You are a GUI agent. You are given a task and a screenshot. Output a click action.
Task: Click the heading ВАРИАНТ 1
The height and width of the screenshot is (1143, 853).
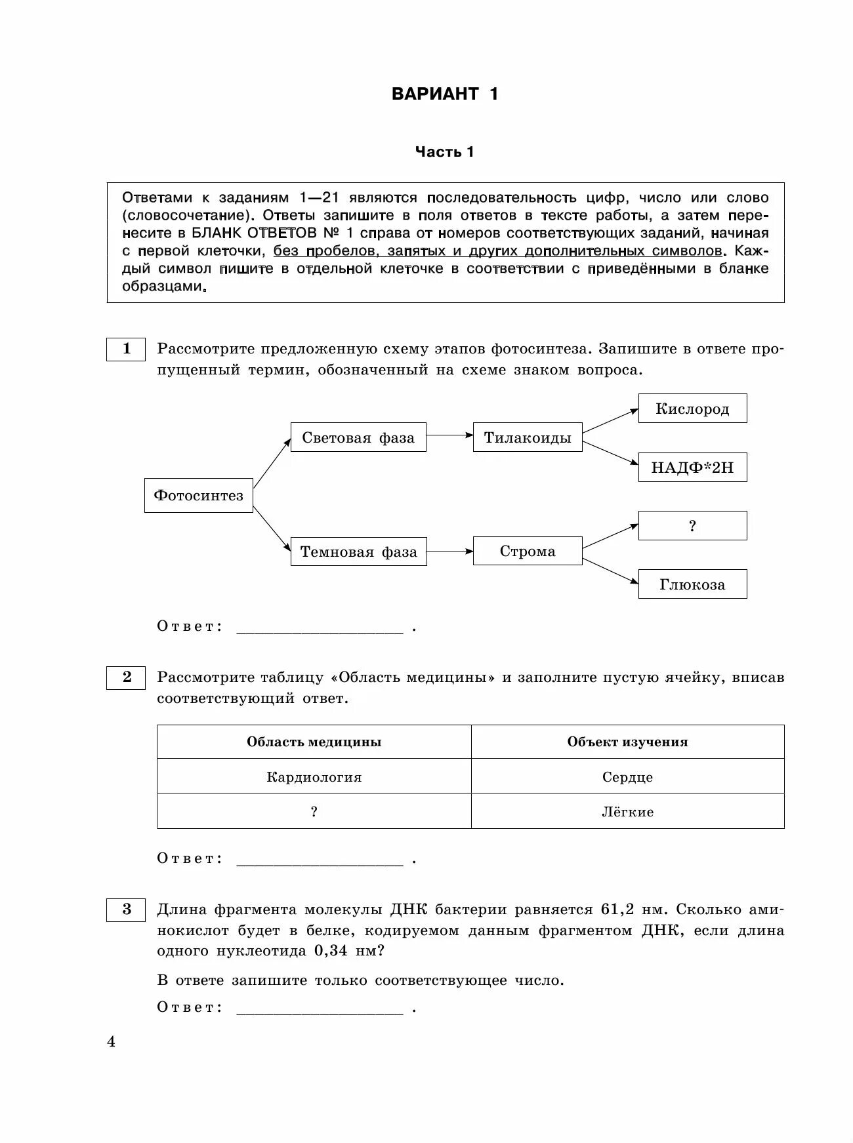[x=445, y=94]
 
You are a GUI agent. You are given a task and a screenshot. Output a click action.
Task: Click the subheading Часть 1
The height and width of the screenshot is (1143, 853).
[x=444, y=152]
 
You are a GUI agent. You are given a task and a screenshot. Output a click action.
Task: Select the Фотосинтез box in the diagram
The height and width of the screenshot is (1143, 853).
[x=199, y=495]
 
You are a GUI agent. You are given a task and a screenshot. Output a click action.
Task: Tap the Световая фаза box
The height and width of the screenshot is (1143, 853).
[x=358, y=437]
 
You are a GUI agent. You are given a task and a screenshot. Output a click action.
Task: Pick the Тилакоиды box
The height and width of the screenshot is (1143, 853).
[x=528, y=437]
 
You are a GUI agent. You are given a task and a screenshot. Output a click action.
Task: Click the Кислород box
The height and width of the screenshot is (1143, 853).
[x=692, y=409]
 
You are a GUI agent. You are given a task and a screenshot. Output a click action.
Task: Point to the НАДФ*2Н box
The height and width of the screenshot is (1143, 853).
[x=692, y=468]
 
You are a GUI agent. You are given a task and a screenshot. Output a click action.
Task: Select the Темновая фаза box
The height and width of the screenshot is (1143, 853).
[x=359, y=551]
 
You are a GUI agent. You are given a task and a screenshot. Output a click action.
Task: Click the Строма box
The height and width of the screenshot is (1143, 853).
[x=528, y=551]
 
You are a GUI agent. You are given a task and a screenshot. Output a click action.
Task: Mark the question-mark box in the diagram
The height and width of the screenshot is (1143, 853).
[x=692, y=526]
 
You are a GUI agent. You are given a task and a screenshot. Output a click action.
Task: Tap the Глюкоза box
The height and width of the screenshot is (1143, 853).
[x=692, y=584]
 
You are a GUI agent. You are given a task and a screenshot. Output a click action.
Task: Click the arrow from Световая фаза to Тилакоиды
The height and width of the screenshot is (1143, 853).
[x=449, y=434]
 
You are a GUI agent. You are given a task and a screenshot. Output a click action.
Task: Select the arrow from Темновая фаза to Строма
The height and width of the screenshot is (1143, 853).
[x=449, y=551]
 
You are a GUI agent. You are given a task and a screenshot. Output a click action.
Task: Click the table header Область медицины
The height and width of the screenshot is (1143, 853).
[x=314, y=742]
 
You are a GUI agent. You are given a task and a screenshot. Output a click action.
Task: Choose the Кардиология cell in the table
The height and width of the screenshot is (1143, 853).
[x=314, y=777]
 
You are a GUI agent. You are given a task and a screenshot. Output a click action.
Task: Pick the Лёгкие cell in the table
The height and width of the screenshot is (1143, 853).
[x=628, y=812]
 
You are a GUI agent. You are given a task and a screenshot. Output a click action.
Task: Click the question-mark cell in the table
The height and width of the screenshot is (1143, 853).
[x=314, y=812]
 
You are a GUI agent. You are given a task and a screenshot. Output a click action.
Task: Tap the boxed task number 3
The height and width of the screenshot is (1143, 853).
[x=126, y=909]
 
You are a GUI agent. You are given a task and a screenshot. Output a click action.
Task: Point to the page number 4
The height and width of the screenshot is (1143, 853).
[x=111, y=1041]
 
